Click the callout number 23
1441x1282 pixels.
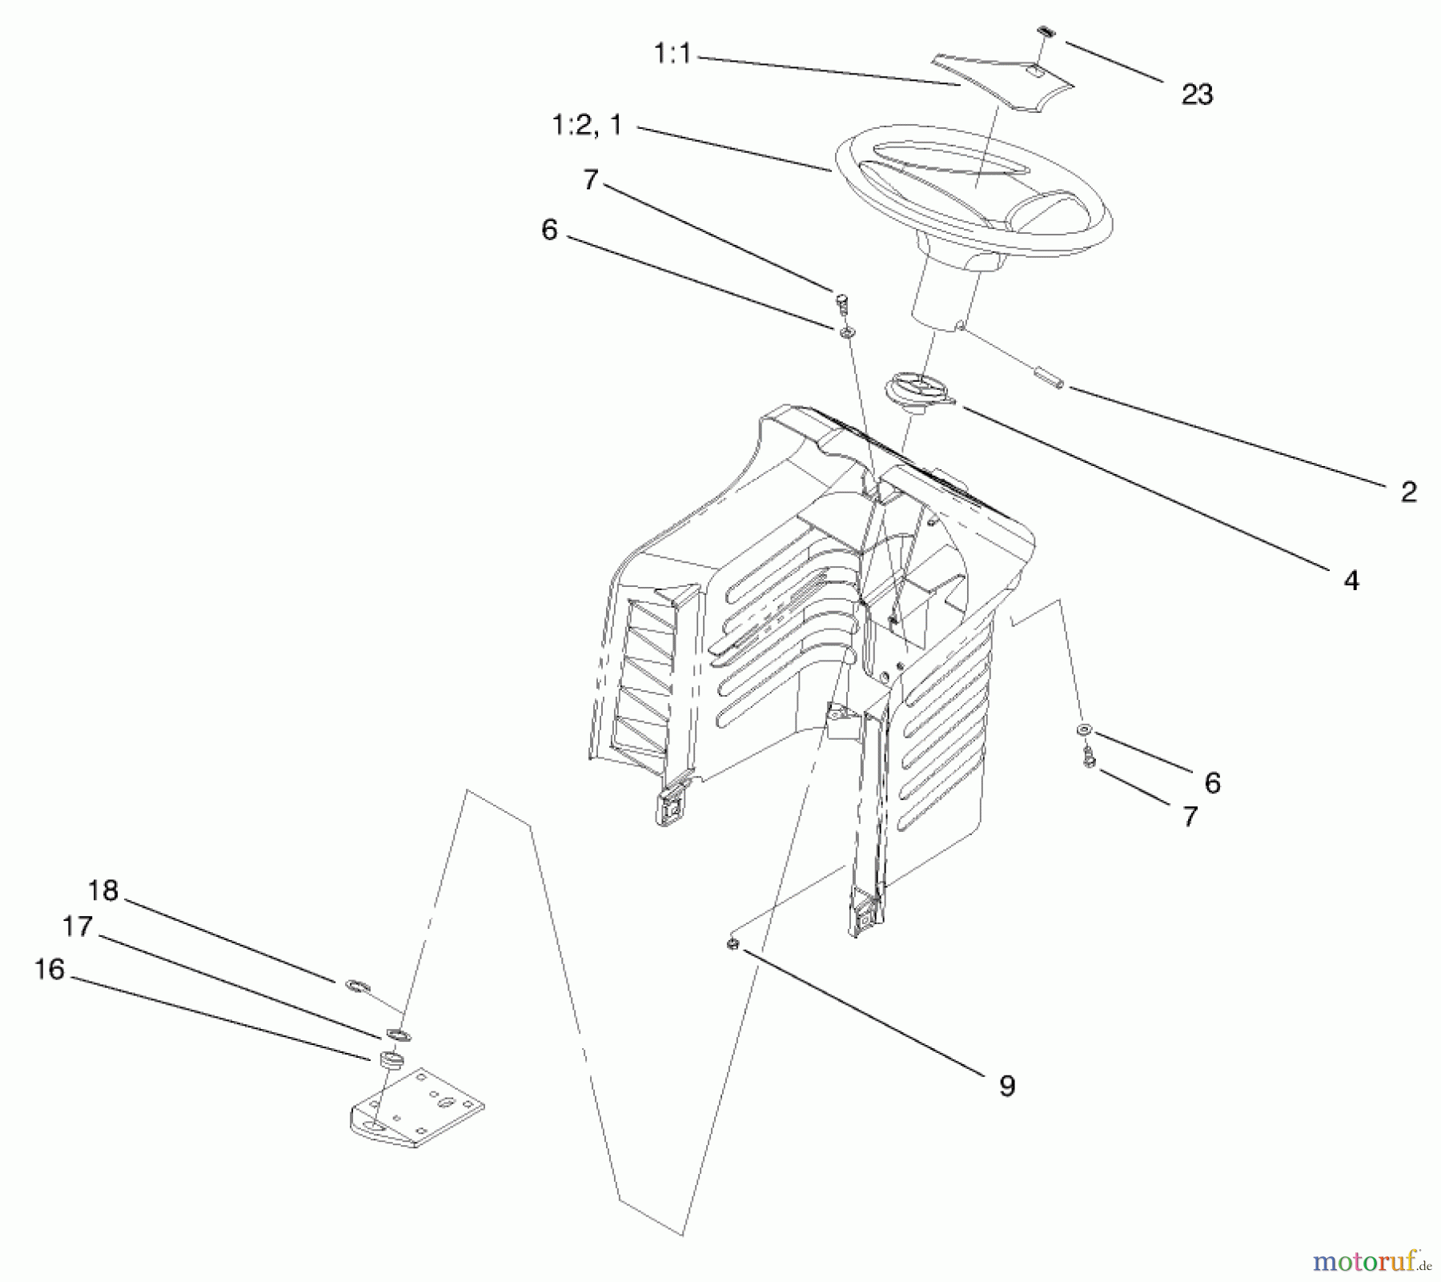1197,94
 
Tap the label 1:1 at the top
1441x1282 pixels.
672,54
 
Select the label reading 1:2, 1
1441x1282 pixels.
586,126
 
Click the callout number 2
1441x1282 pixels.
1408,491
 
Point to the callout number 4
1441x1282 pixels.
1351,580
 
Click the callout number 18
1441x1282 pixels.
103,890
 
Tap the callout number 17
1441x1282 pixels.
78,926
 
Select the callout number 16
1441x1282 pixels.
50,969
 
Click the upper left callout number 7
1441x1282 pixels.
591,180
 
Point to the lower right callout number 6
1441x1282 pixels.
1212,782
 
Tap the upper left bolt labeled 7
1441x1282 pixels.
841,302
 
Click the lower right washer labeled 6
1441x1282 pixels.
1084,729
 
